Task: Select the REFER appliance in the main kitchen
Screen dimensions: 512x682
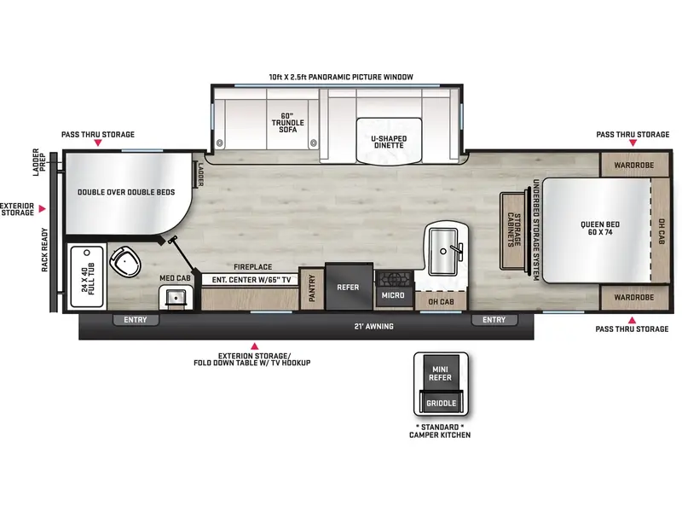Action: click(348, 288)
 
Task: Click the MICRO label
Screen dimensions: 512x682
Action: click(393, 296)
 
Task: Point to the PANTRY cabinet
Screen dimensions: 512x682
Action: click(312, 290)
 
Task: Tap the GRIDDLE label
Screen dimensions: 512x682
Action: click(442, 403)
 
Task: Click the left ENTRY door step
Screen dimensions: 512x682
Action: click(136, 320)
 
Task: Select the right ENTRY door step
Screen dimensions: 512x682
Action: click(494, 320)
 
